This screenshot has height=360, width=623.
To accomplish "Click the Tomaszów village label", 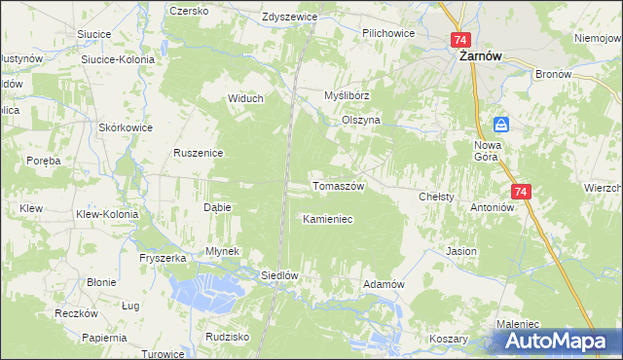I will (338, 186).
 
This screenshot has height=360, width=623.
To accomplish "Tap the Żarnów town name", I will (480, 56).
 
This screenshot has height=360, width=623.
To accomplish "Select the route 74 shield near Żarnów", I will (460, 40).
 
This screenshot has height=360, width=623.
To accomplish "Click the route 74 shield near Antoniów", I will (521, 193).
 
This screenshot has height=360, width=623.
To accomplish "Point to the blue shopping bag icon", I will (500, 124).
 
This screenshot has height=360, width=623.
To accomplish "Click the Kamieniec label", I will (327, 220).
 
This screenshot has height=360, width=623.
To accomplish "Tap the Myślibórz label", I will (348, 96).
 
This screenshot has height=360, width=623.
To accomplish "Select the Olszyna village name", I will (360, 120).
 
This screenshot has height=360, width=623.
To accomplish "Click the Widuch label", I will (244, 99).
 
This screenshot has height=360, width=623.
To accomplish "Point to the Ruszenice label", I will (199, 153).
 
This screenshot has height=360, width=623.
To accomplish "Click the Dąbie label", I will (216, 208).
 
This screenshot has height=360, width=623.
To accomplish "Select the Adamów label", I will (383, 283).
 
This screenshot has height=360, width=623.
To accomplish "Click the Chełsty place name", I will (436, 197).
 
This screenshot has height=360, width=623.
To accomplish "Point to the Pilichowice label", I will (388, 33).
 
